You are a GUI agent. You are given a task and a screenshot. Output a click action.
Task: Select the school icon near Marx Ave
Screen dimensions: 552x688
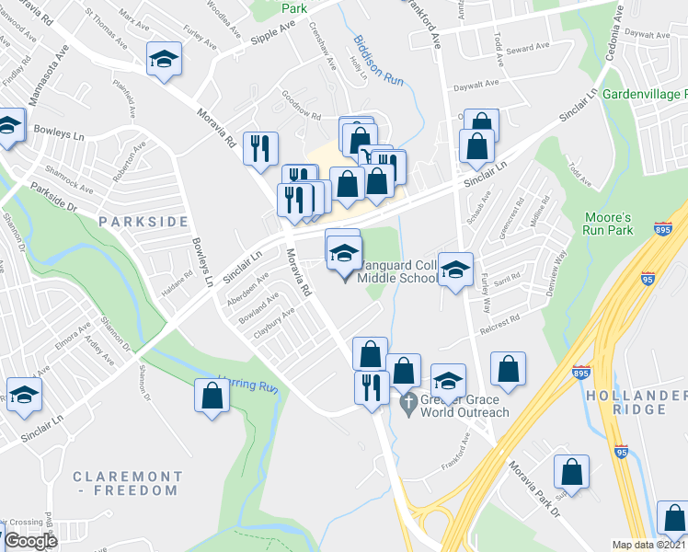[164, 61]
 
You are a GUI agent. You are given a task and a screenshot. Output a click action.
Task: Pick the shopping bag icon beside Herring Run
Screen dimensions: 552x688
[212, 397]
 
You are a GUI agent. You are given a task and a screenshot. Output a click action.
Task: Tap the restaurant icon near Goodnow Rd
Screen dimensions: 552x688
[261, 147]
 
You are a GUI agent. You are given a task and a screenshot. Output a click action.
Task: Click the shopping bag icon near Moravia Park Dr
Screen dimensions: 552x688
[571, 471]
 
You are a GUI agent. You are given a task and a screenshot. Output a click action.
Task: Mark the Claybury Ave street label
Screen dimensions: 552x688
[275, 323]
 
